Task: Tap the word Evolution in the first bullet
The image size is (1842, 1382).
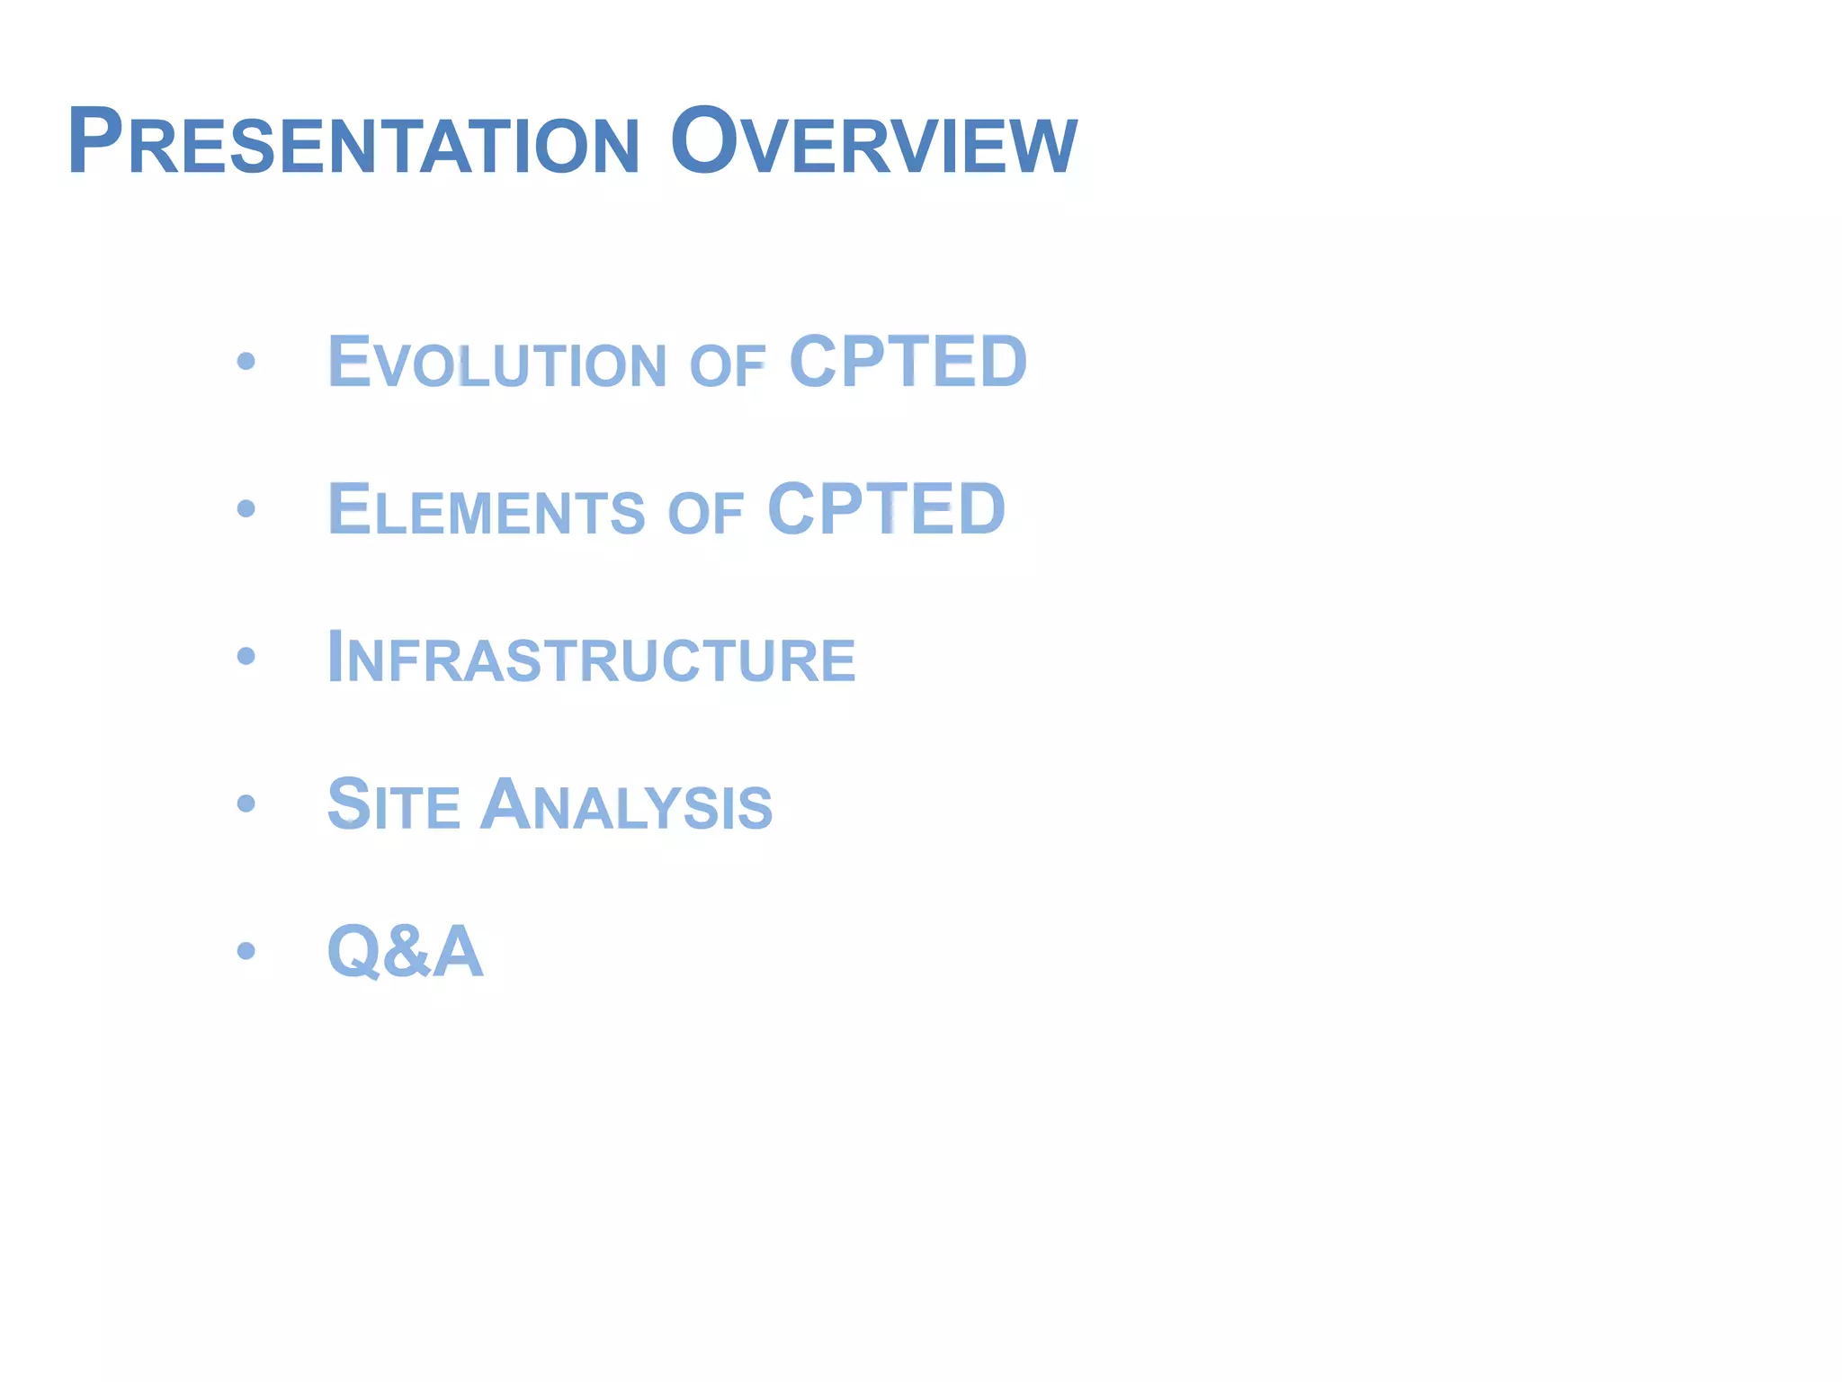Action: point(496,363)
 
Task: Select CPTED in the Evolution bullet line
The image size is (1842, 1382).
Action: point(908,362)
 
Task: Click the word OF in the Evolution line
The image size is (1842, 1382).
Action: point(728,367)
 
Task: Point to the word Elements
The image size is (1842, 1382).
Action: point(487,510)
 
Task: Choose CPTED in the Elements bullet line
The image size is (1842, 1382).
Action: point(886,509)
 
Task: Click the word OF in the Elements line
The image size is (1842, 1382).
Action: point(706,515)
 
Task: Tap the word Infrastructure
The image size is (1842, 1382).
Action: point(591,658)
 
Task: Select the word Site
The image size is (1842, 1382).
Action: point(393,804)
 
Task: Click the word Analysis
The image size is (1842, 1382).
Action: point(626,804)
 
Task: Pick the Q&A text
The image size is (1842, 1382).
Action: point(405,951)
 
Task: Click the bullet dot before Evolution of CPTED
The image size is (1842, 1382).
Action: point(246,362)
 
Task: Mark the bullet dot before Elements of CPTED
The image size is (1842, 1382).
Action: point(246,509)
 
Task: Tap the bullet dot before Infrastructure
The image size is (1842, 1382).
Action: point(246,656)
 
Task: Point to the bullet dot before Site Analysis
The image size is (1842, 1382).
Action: point(246,803)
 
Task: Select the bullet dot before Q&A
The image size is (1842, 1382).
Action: point(246,950)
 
